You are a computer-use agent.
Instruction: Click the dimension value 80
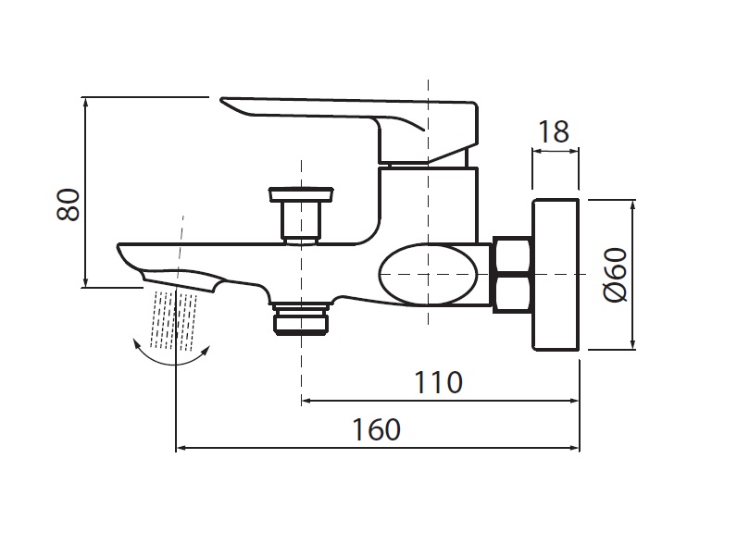tap(69, 205)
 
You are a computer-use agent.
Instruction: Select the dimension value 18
tap(554, 132)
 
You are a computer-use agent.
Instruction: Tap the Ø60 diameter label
tap(616, 275)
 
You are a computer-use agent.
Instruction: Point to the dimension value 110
tap(438, 382)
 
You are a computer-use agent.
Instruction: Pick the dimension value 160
tap(377, 429)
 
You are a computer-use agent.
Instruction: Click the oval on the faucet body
tap(428, 274)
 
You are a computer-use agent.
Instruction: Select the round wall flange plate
tap(556, 275)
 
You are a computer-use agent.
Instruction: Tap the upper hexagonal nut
tap(512, 255)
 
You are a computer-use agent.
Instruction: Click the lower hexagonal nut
tap(512, 294)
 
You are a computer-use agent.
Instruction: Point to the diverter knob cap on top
tap(301, 194)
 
